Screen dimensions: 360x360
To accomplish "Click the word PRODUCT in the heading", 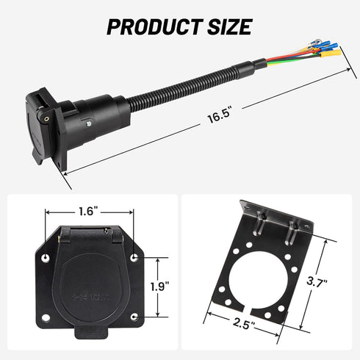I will click(x=151, y=27).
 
